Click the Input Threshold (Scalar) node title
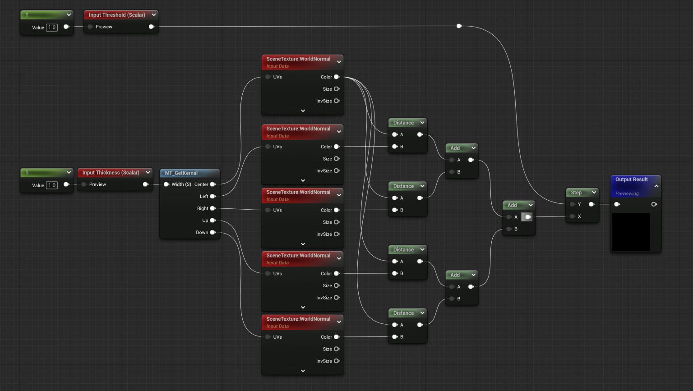click(x=116, y=15)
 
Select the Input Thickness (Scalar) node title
click(x=111, y=173)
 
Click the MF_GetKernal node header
click(x=181, y=173)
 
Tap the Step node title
click(x=576, y=193)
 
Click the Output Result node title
click(x=631, y=179)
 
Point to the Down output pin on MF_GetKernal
click(x=213, y=233)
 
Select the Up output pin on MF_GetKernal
click(x=213, y=221)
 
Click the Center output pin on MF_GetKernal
click(x=213, y=184)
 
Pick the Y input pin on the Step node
click(x=573, y=204)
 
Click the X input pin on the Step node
click(x=573, y=216)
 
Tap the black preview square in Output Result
click(x=631, y=232)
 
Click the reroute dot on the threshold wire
click(x=459, y=26)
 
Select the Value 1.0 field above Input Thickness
click(x=52, y=185)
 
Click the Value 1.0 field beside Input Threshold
click(x=52, y=28)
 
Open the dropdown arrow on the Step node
click(x=594, y=193)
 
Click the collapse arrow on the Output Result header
click(x=656, y=186)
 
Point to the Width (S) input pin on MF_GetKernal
click(x=166, y=184)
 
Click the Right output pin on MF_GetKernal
click(x=213, y=208)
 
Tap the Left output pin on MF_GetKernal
click(x=213, y=197)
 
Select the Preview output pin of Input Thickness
click(x=145, y=184)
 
